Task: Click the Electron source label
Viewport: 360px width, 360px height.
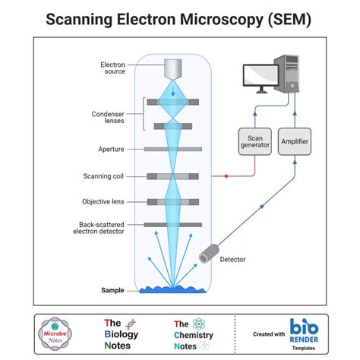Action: point(112,69)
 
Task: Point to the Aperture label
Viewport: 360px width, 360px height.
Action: point(111,150)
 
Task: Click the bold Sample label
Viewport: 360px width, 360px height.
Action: point(112,290)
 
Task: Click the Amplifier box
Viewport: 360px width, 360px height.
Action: point(294,142)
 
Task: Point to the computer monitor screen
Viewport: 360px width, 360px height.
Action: point(259,74)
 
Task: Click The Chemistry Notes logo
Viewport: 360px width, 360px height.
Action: point(193,334)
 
